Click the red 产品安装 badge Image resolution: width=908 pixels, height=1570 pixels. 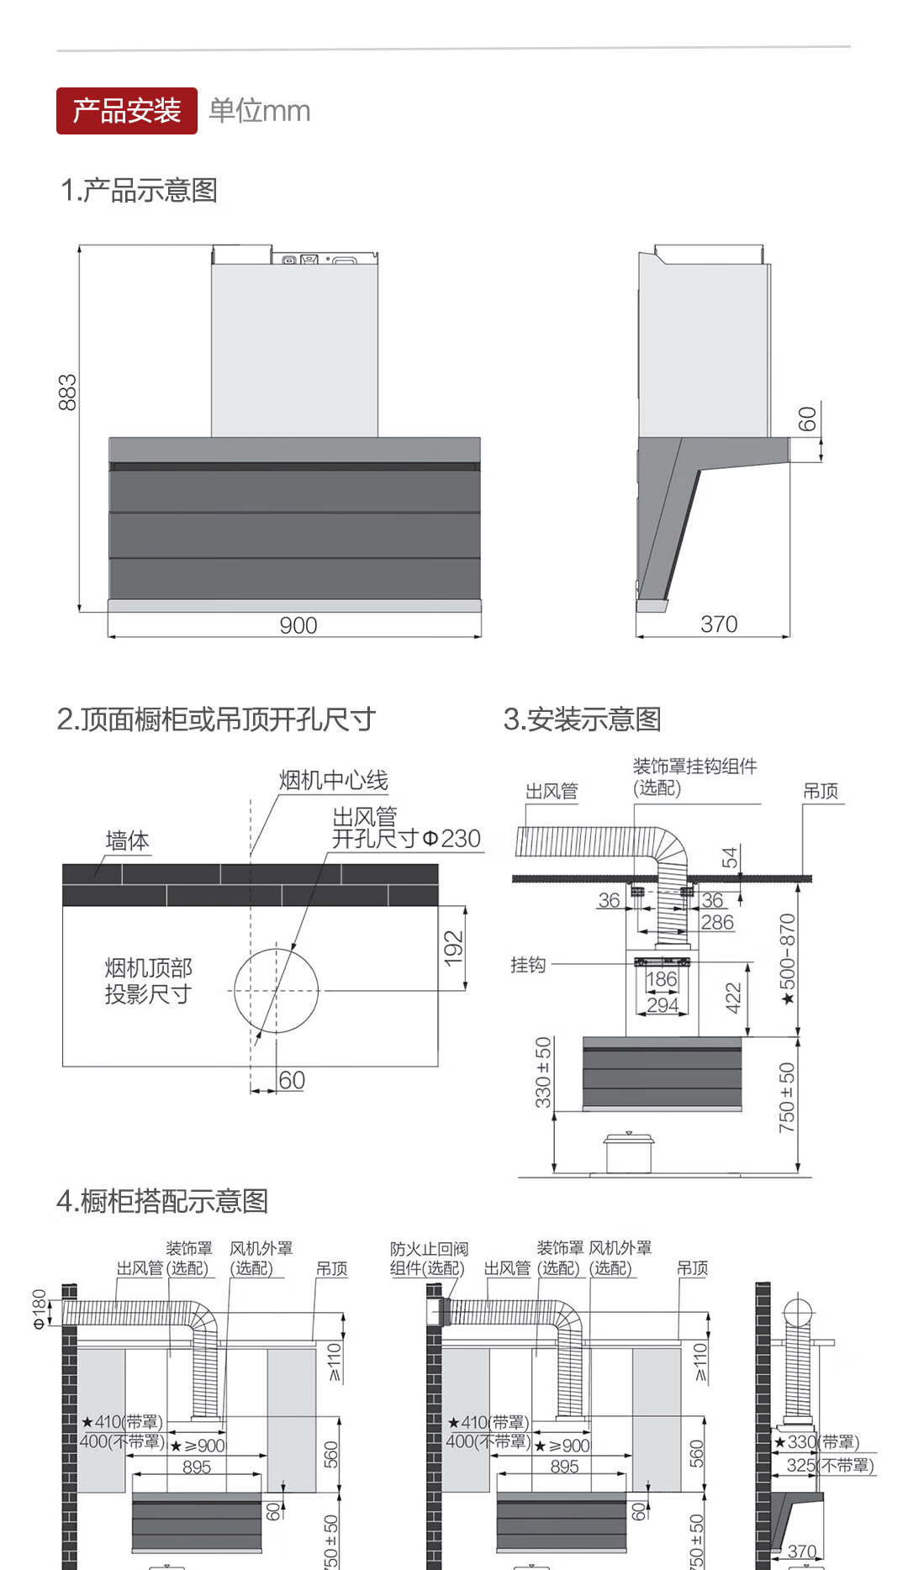[127, 111]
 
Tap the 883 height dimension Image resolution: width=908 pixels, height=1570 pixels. [68, 392]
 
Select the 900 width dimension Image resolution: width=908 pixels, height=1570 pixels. [298, 625]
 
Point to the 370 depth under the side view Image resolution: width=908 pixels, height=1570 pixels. [719, 624]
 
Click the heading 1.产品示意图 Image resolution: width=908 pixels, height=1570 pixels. [140, 191]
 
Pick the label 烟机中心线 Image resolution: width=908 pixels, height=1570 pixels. [334, 781]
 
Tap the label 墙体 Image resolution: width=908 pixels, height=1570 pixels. [128, 840]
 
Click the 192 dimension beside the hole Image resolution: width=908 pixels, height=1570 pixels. [454, 948]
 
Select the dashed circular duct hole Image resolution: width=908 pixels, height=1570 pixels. [277, 991]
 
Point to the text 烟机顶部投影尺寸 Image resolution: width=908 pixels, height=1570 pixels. [149, 981]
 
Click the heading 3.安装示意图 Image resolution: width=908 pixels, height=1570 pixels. [582, 719]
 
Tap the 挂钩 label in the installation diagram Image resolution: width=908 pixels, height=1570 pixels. [528, 965]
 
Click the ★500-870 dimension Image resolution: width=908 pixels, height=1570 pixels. [787, 959]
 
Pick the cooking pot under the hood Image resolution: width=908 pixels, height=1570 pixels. [629, 1152]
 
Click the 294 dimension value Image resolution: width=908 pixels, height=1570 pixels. [663, 1004]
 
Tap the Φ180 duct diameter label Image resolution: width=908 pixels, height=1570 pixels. [40, 1309]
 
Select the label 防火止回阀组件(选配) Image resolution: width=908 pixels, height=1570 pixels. [428, 1259]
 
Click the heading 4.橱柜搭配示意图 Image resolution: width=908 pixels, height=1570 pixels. [162, 1201]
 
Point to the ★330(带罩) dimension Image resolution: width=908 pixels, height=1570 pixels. [816, 1442]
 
